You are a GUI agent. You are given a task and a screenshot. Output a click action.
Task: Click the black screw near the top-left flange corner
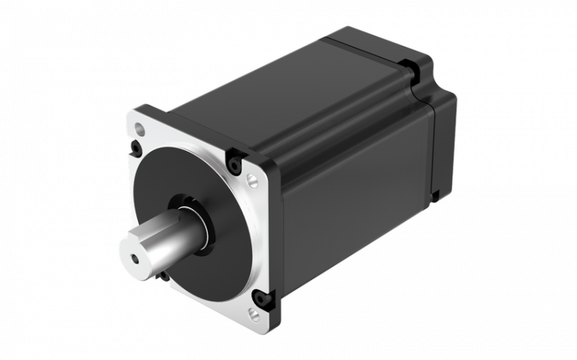tap(136, 145)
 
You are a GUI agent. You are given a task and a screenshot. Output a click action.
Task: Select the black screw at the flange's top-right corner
tap(234, 160)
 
